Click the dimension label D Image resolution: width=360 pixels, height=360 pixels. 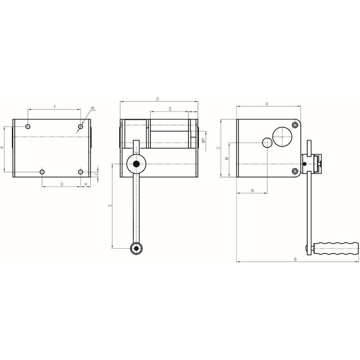point(157,99)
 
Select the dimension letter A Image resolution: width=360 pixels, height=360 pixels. point(267,104)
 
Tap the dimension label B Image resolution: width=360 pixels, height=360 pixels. point(296,260)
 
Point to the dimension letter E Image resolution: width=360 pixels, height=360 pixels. point(110,205)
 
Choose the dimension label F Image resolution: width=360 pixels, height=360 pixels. point(55,107)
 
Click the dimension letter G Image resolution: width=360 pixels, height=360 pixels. point(62,184)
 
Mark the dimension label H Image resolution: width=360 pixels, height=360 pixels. point(86,184)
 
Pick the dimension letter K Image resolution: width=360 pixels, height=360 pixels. point(2,147)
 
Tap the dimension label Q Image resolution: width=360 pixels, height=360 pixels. point(170,109)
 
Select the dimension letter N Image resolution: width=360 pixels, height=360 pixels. point(252,190)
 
